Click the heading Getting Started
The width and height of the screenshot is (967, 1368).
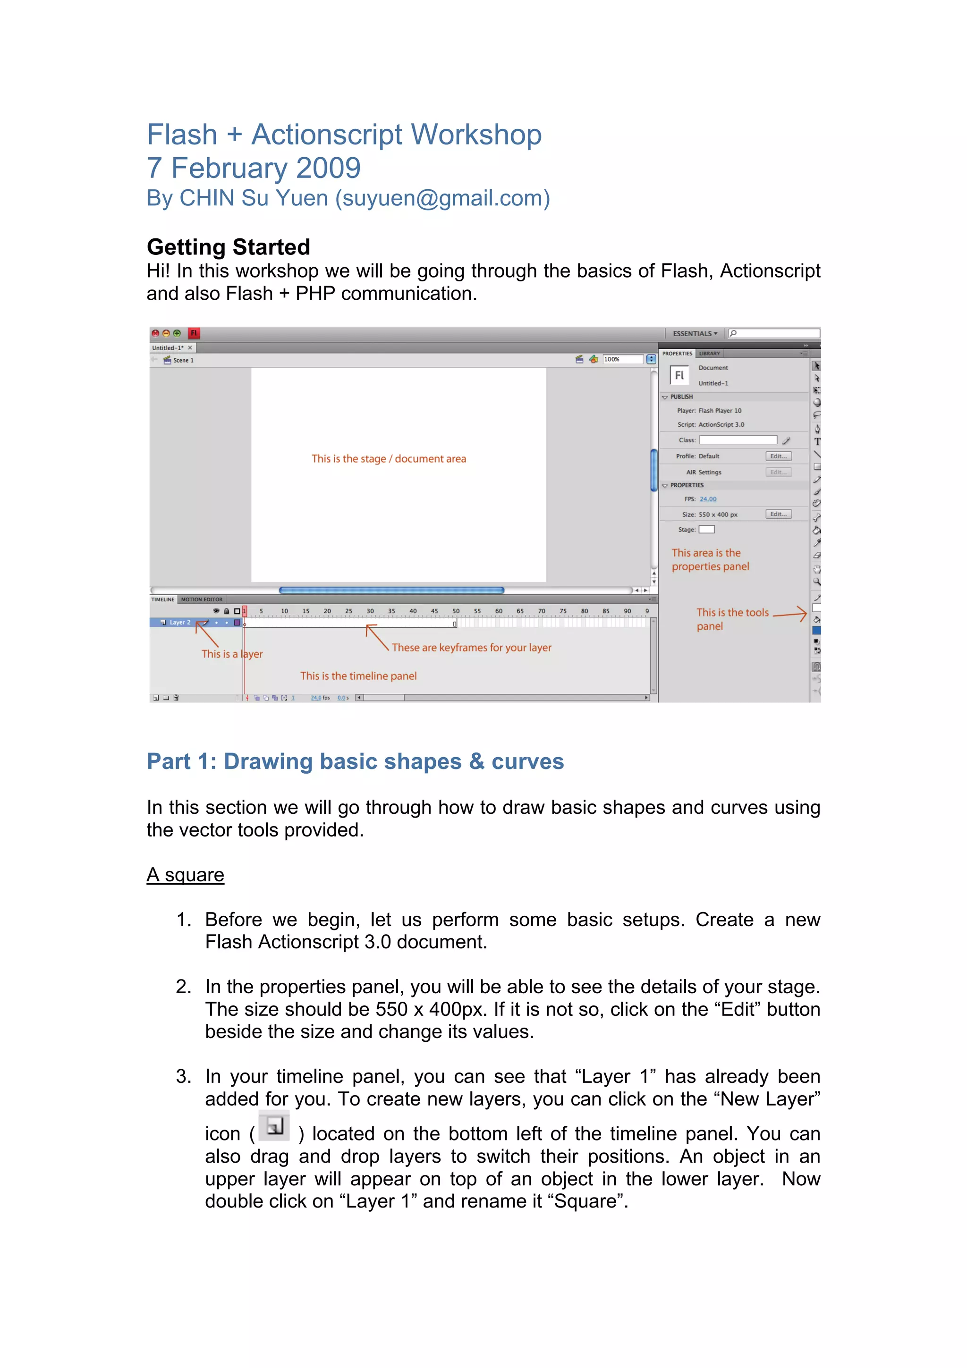click(228, 247)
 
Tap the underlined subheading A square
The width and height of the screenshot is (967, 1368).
click(185, 875)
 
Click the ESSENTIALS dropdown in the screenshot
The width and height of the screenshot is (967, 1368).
click(695, 334)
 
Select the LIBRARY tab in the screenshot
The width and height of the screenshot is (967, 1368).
click(709, 353)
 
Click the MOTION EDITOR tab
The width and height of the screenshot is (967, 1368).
click(202, 600)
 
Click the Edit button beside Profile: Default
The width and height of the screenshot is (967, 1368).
click(778, 456)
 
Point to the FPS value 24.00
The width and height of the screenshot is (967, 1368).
click(708, 499)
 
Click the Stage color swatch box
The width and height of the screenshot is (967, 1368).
click(707, 530)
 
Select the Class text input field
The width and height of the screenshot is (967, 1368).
click(738, 440)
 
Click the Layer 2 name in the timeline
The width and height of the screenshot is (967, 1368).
click(180, 623)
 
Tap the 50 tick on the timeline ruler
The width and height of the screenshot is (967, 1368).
click(456, 611)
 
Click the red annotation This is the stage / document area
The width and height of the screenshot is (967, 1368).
click(389, 459)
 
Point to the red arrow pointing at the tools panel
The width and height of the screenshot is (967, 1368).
click(790, 614)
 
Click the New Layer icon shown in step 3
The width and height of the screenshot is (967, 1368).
click(275, 1126)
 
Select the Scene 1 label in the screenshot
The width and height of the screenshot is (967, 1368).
click(183, 361)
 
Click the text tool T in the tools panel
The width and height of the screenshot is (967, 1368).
click(817, 441)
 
